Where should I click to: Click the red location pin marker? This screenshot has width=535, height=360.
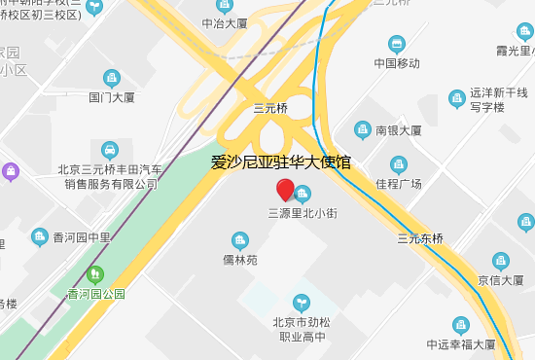(x=285, y=190)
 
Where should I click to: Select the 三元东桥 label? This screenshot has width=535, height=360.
(x=420, y=238)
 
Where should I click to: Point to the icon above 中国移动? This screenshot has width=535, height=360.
(x=396, y=44)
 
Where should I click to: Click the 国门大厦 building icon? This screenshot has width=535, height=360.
(x=112, y=78)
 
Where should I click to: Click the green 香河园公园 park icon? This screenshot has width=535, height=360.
(x=95, y=274)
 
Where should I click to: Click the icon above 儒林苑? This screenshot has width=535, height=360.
(x=239, y=240)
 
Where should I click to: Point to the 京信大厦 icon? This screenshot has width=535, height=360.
(x=500, y=261)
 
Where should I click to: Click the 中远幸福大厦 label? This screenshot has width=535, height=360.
(x=461, y=344)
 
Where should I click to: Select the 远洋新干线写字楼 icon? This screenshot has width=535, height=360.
(x=456, y=98)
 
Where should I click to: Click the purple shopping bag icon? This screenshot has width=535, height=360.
(x=11, y=172)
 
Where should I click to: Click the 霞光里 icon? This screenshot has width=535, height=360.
(x=525, y=31)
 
